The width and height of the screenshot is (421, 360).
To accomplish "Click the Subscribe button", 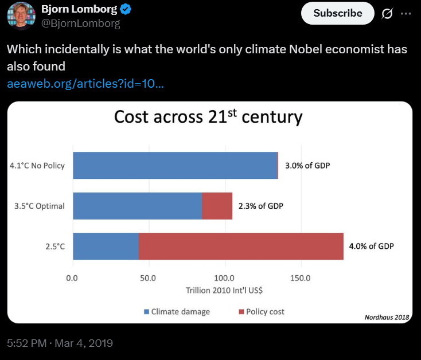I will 338,13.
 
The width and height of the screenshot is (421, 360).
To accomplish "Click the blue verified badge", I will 126,10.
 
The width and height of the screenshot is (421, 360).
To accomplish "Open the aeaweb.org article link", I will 85,84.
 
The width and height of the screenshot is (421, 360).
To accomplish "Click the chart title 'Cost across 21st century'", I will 208,116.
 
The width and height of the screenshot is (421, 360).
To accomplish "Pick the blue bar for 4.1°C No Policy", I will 175,166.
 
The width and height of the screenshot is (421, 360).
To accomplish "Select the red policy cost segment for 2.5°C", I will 241,246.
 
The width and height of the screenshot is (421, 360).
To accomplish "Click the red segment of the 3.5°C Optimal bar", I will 217,206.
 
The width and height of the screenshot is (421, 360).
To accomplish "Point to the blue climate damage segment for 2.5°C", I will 106,246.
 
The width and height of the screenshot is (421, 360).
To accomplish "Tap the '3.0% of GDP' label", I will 307,166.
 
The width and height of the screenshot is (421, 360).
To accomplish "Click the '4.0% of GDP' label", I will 372,246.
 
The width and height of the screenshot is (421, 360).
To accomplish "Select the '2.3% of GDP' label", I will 261,206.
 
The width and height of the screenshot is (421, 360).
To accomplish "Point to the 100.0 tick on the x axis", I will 224,278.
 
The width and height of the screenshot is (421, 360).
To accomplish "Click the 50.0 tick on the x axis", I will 148,278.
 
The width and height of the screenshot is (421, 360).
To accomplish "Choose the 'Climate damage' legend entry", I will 177,312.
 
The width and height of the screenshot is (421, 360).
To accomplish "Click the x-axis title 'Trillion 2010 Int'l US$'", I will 224,290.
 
